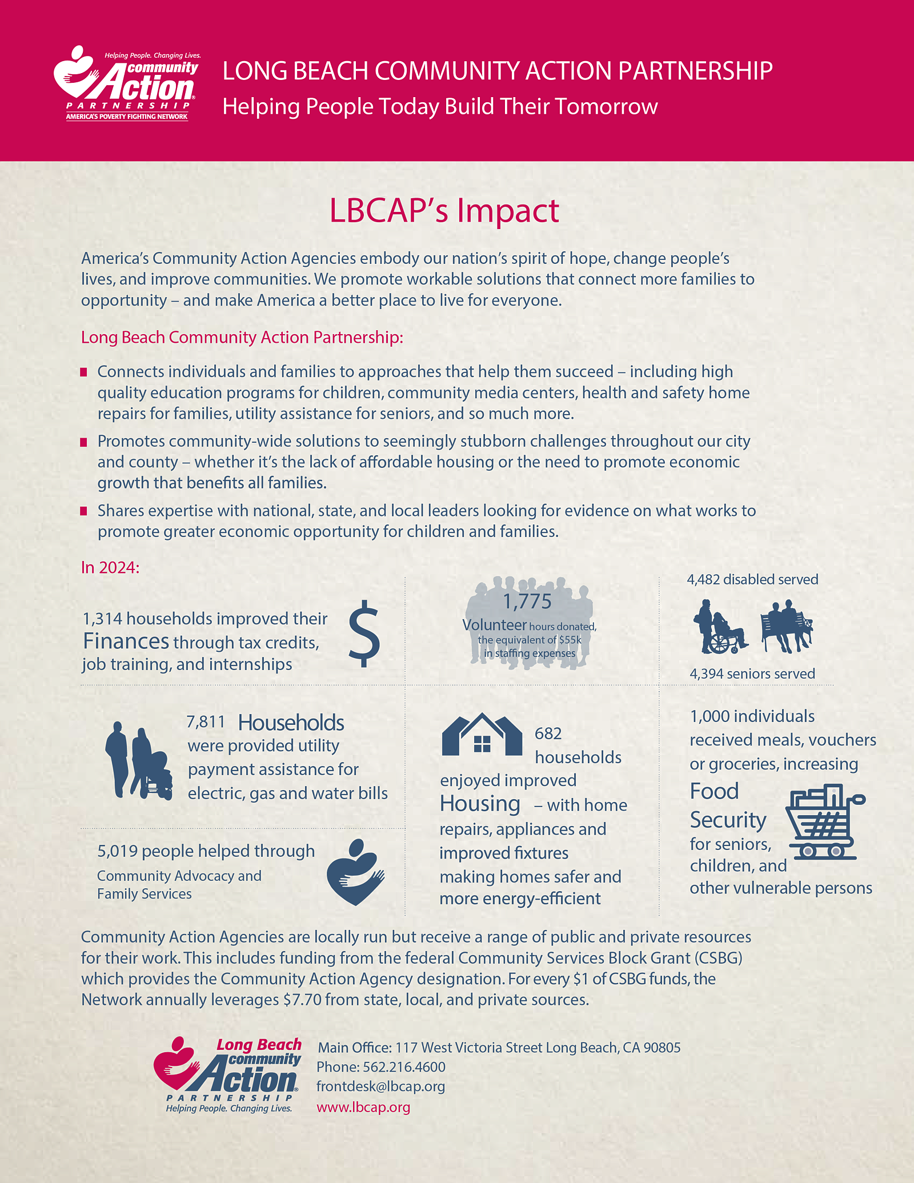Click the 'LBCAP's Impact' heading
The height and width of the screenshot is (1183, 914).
click(x=444, y=211)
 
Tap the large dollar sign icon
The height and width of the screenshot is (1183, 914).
click(x=364, y=634)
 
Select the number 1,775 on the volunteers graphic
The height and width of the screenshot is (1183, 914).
click(x=527, y=601)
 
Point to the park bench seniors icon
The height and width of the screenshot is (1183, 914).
click(x=787, y=627)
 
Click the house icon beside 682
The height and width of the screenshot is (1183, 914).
click(x=482, y=735)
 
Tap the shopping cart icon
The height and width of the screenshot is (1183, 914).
click(x=824, y=823)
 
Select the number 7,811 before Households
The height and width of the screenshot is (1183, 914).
click(x=206, y=722)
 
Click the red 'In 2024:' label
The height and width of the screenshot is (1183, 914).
click(x=110, y=567)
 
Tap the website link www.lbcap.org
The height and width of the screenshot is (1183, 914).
click(x=363, y=1107)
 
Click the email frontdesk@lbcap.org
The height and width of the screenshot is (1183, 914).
click(x=380, y=1086)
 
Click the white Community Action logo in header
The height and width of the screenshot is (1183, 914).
click(x=127, y=83)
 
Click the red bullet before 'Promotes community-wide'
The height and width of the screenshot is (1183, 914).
click(x=84, y=442)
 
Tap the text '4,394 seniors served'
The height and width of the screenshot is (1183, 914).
click(x=752, y=674)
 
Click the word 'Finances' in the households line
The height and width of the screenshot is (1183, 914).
click(x=126, y=641)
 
